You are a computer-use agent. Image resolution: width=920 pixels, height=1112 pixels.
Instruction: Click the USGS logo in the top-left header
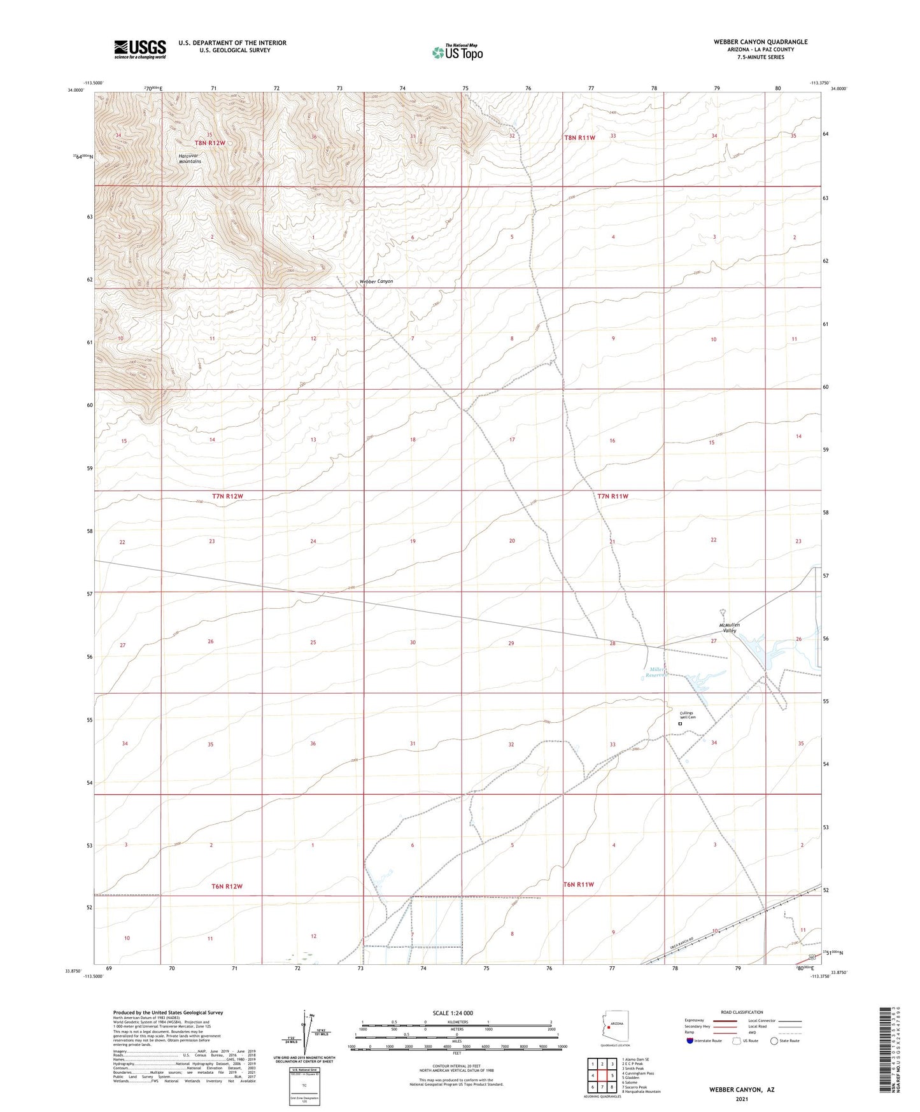(139, 49)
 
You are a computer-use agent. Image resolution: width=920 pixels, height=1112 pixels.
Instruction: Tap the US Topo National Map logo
(457, 52)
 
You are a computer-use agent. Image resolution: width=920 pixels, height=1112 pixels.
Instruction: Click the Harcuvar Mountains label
(190, 159)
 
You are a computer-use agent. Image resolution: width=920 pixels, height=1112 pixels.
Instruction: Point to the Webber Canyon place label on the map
(376, 281)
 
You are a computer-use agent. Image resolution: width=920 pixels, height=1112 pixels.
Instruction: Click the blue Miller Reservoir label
(655, 672)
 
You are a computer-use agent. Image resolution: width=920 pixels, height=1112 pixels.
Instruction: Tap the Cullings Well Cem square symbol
(680, 724)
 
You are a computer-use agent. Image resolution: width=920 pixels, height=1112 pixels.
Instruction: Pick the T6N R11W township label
(579, 885)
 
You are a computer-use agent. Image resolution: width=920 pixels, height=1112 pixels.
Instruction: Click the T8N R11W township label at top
(579, 138)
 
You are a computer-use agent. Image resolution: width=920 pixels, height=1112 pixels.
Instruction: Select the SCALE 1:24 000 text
(456, 1013)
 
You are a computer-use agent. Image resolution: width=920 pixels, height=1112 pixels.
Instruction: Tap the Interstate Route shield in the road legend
(690, 1041)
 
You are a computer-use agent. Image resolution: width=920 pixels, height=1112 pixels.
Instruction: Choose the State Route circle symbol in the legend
(774, 1041)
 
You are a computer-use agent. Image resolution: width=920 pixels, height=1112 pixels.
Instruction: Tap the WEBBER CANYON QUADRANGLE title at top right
(760, 42)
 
